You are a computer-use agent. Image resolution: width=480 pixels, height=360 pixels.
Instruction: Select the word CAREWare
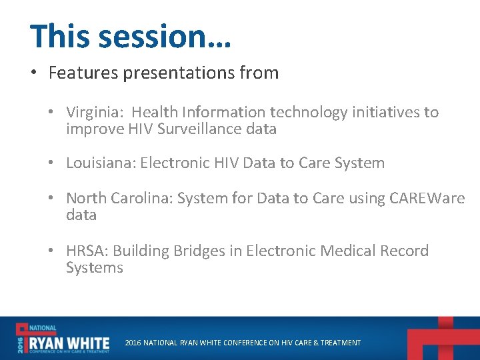pos(427,198)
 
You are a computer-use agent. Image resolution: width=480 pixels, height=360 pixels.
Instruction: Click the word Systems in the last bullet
pos(94,267)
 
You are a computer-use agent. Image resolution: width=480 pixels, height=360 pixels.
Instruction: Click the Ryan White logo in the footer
pos(63,339)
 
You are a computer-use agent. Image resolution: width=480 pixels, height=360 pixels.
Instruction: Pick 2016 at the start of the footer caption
pos(133,343)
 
